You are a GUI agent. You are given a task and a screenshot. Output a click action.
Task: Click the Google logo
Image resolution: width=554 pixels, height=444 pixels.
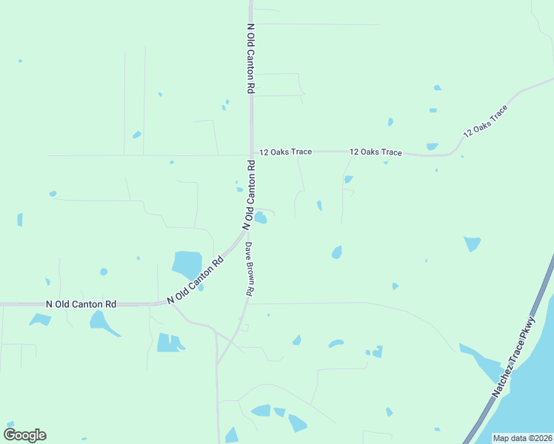[25, 435]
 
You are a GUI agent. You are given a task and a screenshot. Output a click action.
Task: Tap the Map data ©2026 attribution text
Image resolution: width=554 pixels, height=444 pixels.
[522, 438]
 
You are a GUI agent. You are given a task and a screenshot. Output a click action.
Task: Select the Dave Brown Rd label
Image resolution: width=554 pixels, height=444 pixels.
[250, 269]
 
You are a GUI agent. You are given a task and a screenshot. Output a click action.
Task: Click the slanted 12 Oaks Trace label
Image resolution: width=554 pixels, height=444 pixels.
[486, 121]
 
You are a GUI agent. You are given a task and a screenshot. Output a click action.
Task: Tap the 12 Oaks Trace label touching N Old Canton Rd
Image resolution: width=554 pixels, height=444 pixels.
[285, 152]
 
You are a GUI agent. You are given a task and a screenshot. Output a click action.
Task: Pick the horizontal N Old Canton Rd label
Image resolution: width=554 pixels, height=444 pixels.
[81, 303]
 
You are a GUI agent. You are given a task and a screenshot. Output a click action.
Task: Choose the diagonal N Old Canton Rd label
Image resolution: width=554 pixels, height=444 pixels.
[196, 280]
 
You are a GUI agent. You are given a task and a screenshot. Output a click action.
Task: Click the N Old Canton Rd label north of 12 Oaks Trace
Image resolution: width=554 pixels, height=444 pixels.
[251, 58]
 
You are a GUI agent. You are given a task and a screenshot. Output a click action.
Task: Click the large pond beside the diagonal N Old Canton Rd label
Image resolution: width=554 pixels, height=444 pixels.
[187, 263]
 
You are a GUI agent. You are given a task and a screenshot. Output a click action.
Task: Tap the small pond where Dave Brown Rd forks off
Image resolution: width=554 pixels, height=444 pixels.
[261, 217]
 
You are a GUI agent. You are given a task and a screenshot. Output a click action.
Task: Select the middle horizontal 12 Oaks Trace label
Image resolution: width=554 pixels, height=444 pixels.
[376, 152]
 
